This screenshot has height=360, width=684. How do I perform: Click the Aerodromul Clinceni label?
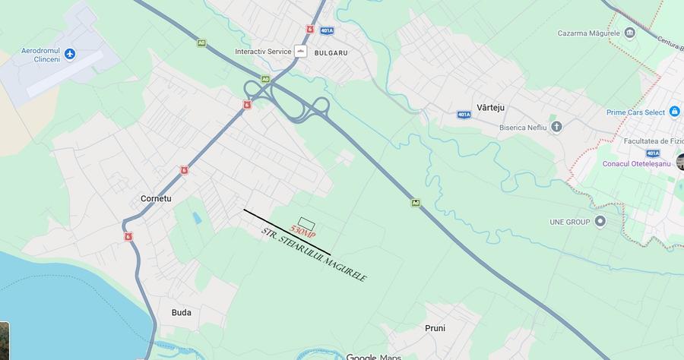(x=40, y=55)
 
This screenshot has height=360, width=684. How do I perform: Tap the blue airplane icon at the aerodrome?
(x=71, y=53)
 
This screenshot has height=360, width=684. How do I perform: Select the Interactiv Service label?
(x=263, y=52)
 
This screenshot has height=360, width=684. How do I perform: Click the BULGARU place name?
(x=331, y=53)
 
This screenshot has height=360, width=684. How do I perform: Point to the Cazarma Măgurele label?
(x=589, y=33)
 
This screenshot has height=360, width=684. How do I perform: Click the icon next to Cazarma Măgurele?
(x=629, y=33)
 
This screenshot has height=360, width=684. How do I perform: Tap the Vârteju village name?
(x=490, y=108)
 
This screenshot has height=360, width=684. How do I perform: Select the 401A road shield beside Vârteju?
(x=464, y=114)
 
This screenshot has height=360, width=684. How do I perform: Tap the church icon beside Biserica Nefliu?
(x=556, y=126)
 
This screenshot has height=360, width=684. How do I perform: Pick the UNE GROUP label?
(x=570, y=222)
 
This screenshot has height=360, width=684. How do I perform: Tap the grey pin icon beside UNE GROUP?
(x=600, y=222)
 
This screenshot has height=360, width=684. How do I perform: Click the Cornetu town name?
(x=156, y=199)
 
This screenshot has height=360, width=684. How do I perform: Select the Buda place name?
(x=182, y=312)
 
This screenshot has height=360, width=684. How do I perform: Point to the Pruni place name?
(x=435, y=328)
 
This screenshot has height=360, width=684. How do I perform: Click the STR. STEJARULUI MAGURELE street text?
(x=313, y=255)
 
